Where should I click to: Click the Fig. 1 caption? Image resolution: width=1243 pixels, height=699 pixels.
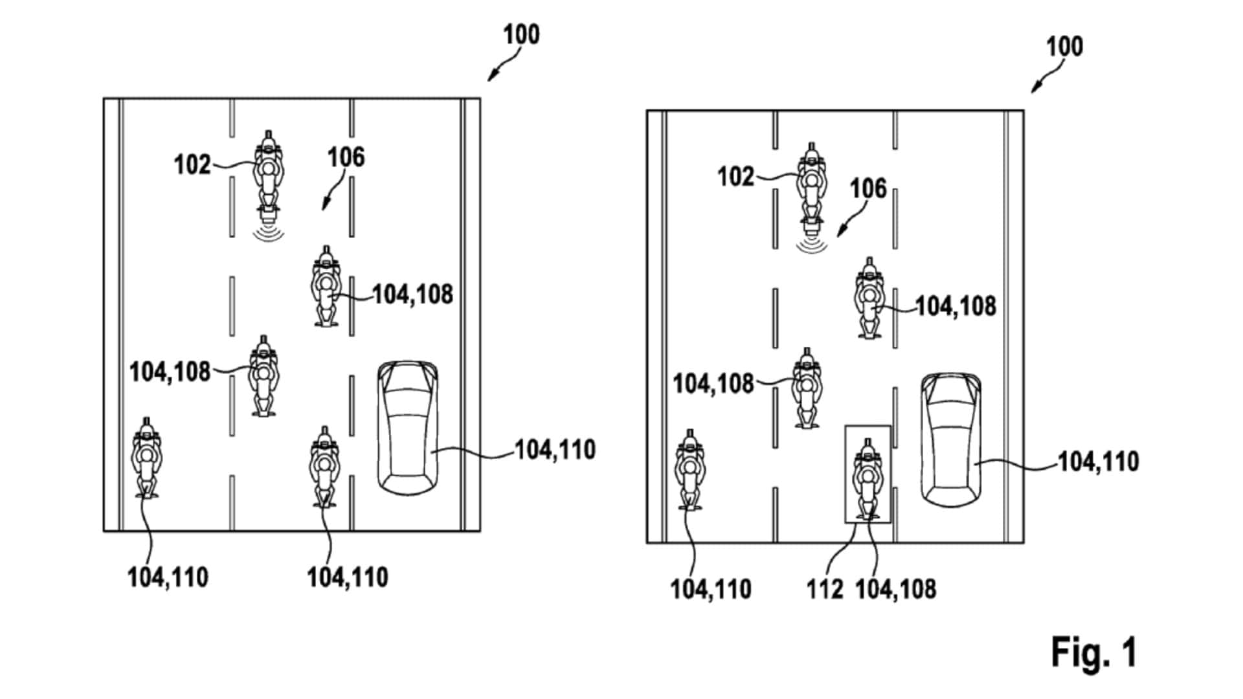[1093, 652]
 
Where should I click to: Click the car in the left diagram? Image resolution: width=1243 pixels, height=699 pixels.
[407, 428]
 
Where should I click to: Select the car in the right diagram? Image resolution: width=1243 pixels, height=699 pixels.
[950, 440]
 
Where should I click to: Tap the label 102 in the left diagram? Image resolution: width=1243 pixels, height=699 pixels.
[192, 165]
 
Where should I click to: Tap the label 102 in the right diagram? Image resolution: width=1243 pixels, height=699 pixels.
[735, 177]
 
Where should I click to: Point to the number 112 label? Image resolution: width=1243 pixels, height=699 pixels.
[824, 589]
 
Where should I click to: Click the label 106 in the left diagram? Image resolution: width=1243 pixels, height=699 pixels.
[346, 157]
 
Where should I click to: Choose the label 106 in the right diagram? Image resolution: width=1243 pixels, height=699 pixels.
[868, 188]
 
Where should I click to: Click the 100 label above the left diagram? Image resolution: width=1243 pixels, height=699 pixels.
[521, 34]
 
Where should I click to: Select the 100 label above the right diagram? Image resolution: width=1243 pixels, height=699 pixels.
[1064, 47]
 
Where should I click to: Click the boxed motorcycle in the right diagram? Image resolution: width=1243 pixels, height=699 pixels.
[867, 479]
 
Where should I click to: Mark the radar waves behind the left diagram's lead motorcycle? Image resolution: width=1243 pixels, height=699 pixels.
[268, 233]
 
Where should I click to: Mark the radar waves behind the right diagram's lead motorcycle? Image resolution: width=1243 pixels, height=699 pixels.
[811, 245]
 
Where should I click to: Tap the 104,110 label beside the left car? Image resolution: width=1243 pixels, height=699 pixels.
[555, 450]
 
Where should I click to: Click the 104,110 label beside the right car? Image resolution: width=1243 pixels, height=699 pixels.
[1098, 461]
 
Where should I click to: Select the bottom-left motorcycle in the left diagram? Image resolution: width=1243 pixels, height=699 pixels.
[147, 458]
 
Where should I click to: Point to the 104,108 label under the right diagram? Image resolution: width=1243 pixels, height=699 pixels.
[895, 589]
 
